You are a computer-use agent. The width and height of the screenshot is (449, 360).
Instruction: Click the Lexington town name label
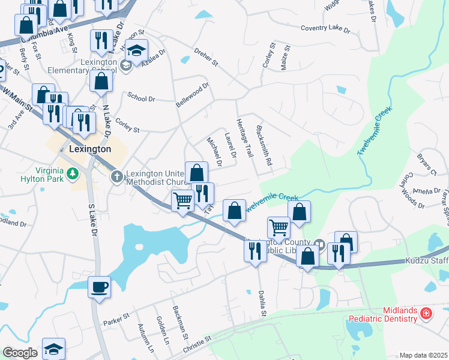tap(90, 149)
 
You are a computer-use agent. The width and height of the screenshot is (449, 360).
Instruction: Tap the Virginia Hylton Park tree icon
tap(73, 174)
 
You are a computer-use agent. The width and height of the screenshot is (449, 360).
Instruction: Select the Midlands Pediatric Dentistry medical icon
tap(426, 313)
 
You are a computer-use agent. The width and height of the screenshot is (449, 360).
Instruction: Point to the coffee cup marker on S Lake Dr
tap(99, 286)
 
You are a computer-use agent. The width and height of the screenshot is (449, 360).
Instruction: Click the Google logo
tap(20, 353)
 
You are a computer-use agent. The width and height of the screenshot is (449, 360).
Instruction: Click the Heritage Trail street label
tap(244, 139)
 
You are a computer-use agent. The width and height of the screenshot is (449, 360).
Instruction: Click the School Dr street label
tap(141, 98)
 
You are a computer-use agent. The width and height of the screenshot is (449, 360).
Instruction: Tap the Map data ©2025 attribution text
tap(423, 355)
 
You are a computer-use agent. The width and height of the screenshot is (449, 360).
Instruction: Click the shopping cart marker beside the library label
tap(279, 227)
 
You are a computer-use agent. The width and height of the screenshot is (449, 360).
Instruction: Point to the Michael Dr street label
tap(214, 151)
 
